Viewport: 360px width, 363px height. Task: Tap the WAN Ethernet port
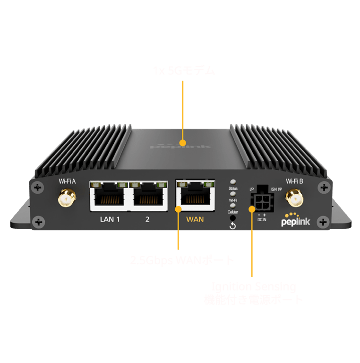(x=195, y=195)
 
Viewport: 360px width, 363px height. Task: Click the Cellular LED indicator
(x=232, y=206)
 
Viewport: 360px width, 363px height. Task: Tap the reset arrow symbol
(x=232, y=226)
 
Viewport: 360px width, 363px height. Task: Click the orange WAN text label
(x=195, y=219)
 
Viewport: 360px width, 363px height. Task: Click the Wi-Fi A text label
(x=67, y=181)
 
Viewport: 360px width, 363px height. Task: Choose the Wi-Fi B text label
(x=294, y=181)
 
